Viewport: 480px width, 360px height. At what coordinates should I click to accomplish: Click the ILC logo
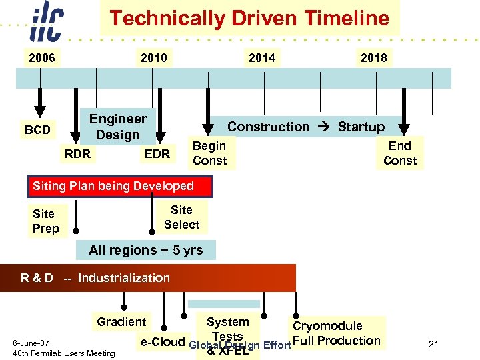(x=47, y=24)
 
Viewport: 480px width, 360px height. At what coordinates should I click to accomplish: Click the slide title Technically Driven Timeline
(x=249, y=18)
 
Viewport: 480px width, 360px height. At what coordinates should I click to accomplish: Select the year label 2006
(x=41, y=58)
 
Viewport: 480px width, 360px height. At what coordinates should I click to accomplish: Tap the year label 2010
(x=154, y=58)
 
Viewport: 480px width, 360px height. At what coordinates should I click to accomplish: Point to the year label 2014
(x=261, y=58)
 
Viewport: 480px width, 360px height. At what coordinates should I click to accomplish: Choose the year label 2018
(x=373, y=58)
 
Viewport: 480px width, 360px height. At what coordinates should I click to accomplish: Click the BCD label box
(x=37, y=129)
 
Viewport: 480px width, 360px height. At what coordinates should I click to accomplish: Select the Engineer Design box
(x=118, y=127)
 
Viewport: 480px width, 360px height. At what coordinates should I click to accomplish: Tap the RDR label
(x=77, y=154)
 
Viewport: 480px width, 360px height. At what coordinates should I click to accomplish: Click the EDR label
(x=157, y=154)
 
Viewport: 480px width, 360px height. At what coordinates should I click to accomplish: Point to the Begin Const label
(x=209, y=153)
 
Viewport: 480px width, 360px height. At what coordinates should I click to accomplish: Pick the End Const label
(x=400, y=153)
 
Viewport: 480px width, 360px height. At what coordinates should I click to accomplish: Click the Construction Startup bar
(x=306, y=127)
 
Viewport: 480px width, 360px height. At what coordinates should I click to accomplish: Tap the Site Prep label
(x=46, y=221)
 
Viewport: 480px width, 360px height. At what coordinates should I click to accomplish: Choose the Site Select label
(x=181, y=217)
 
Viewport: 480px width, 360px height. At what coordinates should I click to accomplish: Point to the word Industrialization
(x=123, y=278)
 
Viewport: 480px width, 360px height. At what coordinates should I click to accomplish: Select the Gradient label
(x=121, y=322)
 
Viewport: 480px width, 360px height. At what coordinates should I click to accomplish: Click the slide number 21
(x=433, y=344)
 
